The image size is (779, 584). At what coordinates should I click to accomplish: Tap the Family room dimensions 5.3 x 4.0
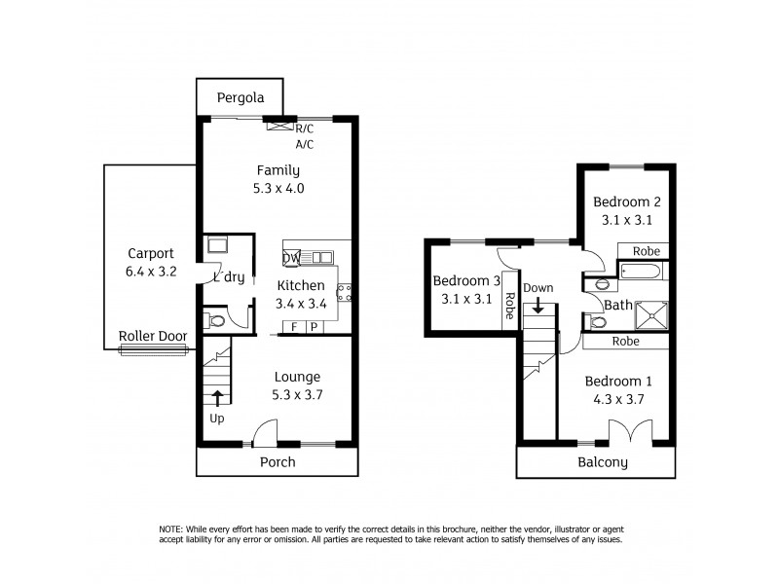(279, 189)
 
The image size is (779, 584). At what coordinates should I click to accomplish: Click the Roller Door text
(152, 336)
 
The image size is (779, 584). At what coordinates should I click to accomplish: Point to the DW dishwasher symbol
(291, 257)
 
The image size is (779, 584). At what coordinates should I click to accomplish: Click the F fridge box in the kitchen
(294, 327)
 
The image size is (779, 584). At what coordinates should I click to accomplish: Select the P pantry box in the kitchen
(314, 327)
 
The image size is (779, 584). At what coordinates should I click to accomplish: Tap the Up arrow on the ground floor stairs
(216, 396)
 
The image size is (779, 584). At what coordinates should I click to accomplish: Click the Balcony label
(602, 463)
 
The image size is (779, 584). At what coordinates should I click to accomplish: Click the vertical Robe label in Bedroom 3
(508, 308)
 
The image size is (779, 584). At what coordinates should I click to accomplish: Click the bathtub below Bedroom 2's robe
(644, 271)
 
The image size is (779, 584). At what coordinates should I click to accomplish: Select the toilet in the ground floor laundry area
(215, 320)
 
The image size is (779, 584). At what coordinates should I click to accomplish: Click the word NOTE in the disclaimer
(172, 529)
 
